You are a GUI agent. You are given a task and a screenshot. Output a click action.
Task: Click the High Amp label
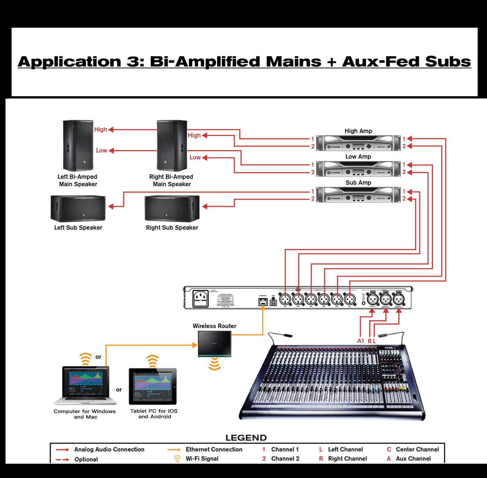358,131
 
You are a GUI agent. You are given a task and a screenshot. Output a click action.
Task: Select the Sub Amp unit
358,195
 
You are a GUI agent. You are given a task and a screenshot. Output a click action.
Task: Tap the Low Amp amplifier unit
358,169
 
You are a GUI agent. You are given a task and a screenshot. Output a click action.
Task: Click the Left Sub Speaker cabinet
78,208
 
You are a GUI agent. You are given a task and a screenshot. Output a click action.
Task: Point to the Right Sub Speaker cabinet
172,208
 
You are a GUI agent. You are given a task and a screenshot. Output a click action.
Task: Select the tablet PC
153,386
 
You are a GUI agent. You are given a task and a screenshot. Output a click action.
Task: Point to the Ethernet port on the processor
263,302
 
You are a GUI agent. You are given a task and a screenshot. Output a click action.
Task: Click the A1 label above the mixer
360,341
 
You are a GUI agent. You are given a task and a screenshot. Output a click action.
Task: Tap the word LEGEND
246,438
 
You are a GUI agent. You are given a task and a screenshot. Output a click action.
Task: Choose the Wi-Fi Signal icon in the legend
177,459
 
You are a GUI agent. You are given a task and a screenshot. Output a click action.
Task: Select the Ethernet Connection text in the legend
214,449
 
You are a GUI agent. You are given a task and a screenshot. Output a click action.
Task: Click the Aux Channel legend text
413,459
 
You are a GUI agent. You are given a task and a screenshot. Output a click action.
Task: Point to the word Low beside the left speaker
102,151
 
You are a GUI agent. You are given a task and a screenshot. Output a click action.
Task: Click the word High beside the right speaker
194,135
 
